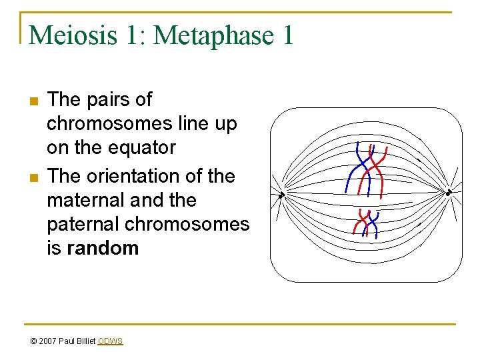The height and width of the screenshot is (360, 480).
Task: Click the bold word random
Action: click(103, 248)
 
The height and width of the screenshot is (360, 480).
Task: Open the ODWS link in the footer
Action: click(110, 341)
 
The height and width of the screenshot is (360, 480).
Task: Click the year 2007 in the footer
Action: click(49, 341)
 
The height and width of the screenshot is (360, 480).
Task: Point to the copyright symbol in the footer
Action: click(33, 341)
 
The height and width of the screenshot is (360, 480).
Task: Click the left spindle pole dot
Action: click(282, 195)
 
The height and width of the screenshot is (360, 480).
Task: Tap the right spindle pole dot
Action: click(449, 193)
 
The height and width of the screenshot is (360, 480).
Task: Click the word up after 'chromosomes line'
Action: click(225, 124)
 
